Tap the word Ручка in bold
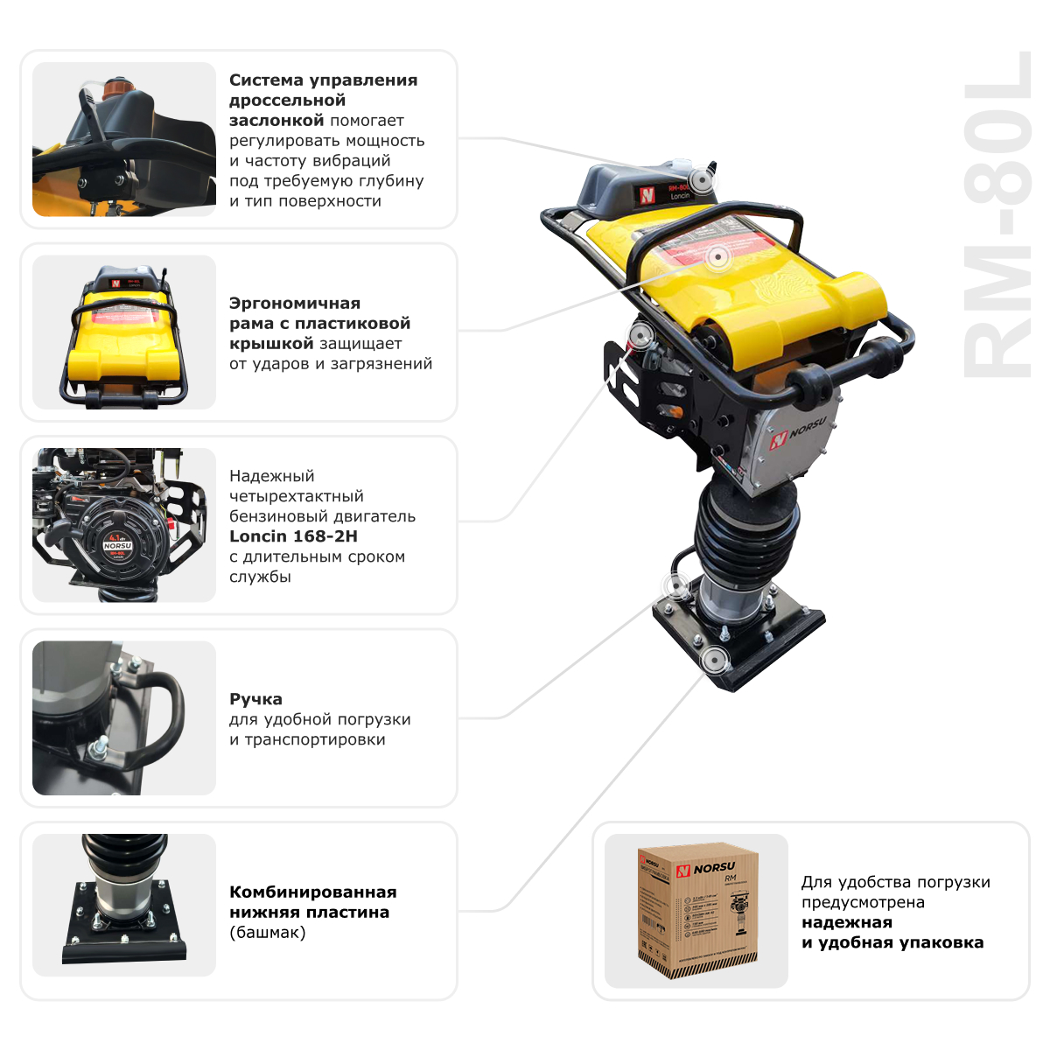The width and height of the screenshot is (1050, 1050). [255, 699]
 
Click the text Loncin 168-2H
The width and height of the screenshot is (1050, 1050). [293, 536]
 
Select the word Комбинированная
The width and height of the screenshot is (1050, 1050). [312, 892]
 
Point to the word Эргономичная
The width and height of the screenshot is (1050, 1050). [294, 303]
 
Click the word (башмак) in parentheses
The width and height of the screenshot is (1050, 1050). [268, 932]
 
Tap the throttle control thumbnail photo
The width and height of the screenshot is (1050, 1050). [123, 139]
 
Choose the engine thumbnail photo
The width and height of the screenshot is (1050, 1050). [123, 525]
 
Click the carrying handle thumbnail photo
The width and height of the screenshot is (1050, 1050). [123, 718]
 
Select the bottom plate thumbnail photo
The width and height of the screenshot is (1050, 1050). [123, 905]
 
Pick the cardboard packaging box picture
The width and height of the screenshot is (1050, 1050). [696, 910]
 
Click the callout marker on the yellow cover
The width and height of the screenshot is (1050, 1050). [717, 256]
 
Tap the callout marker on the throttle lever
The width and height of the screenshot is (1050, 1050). [700, 181]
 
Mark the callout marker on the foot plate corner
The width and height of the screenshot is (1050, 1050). [715, 658]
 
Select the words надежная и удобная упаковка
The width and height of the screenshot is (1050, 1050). [892, 933]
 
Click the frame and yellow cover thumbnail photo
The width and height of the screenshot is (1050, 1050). [123, 332]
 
